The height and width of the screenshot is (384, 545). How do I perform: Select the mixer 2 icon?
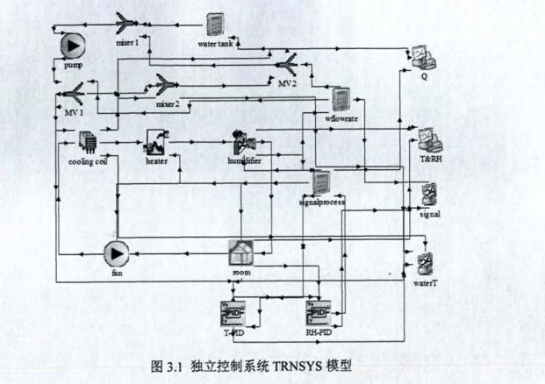click(166, 85)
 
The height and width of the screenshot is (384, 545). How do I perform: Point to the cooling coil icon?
click(89, 142)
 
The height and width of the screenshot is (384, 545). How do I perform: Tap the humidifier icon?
click(242, 141)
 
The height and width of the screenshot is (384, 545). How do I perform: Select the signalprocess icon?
click(321, 181)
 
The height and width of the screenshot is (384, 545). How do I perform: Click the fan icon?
click(116, 254)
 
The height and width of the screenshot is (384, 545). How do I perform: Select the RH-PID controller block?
click(316, 312)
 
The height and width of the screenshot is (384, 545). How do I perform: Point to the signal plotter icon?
click(429, 193)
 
